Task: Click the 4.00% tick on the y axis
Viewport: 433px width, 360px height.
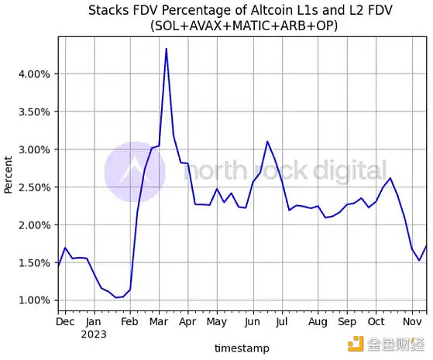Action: coord(33,74)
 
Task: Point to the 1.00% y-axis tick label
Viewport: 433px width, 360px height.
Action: coord(33,300)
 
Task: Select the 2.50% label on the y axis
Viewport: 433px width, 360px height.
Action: coord(33,187)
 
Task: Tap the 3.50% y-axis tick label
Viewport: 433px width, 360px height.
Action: coord(33,111)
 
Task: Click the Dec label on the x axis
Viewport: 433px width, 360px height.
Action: coord(66,321)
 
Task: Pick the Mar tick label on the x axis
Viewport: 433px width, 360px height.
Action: coord(159,321)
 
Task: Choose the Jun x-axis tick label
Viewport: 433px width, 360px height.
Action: coord(252,321)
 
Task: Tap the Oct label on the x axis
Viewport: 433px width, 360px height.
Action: coord(376,321)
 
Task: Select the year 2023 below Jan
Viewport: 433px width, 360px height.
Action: coord(93,334)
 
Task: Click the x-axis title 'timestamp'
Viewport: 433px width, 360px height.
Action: coord(242,348)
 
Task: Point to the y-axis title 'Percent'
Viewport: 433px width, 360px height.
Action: coord(9,174)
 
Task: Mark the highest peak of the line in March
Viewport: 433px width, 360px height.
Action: coord(166,49)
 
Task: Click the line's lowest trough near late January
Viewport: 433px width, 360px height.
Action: coord(117,297)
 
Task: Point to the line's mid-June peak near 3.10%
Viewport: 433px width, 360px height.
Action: coord(267,142)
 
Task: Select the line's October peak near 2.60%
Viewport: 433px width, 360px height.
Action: coord(390,178)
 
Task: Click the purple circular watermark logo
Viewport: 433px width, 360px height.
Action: coord(135,172)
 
